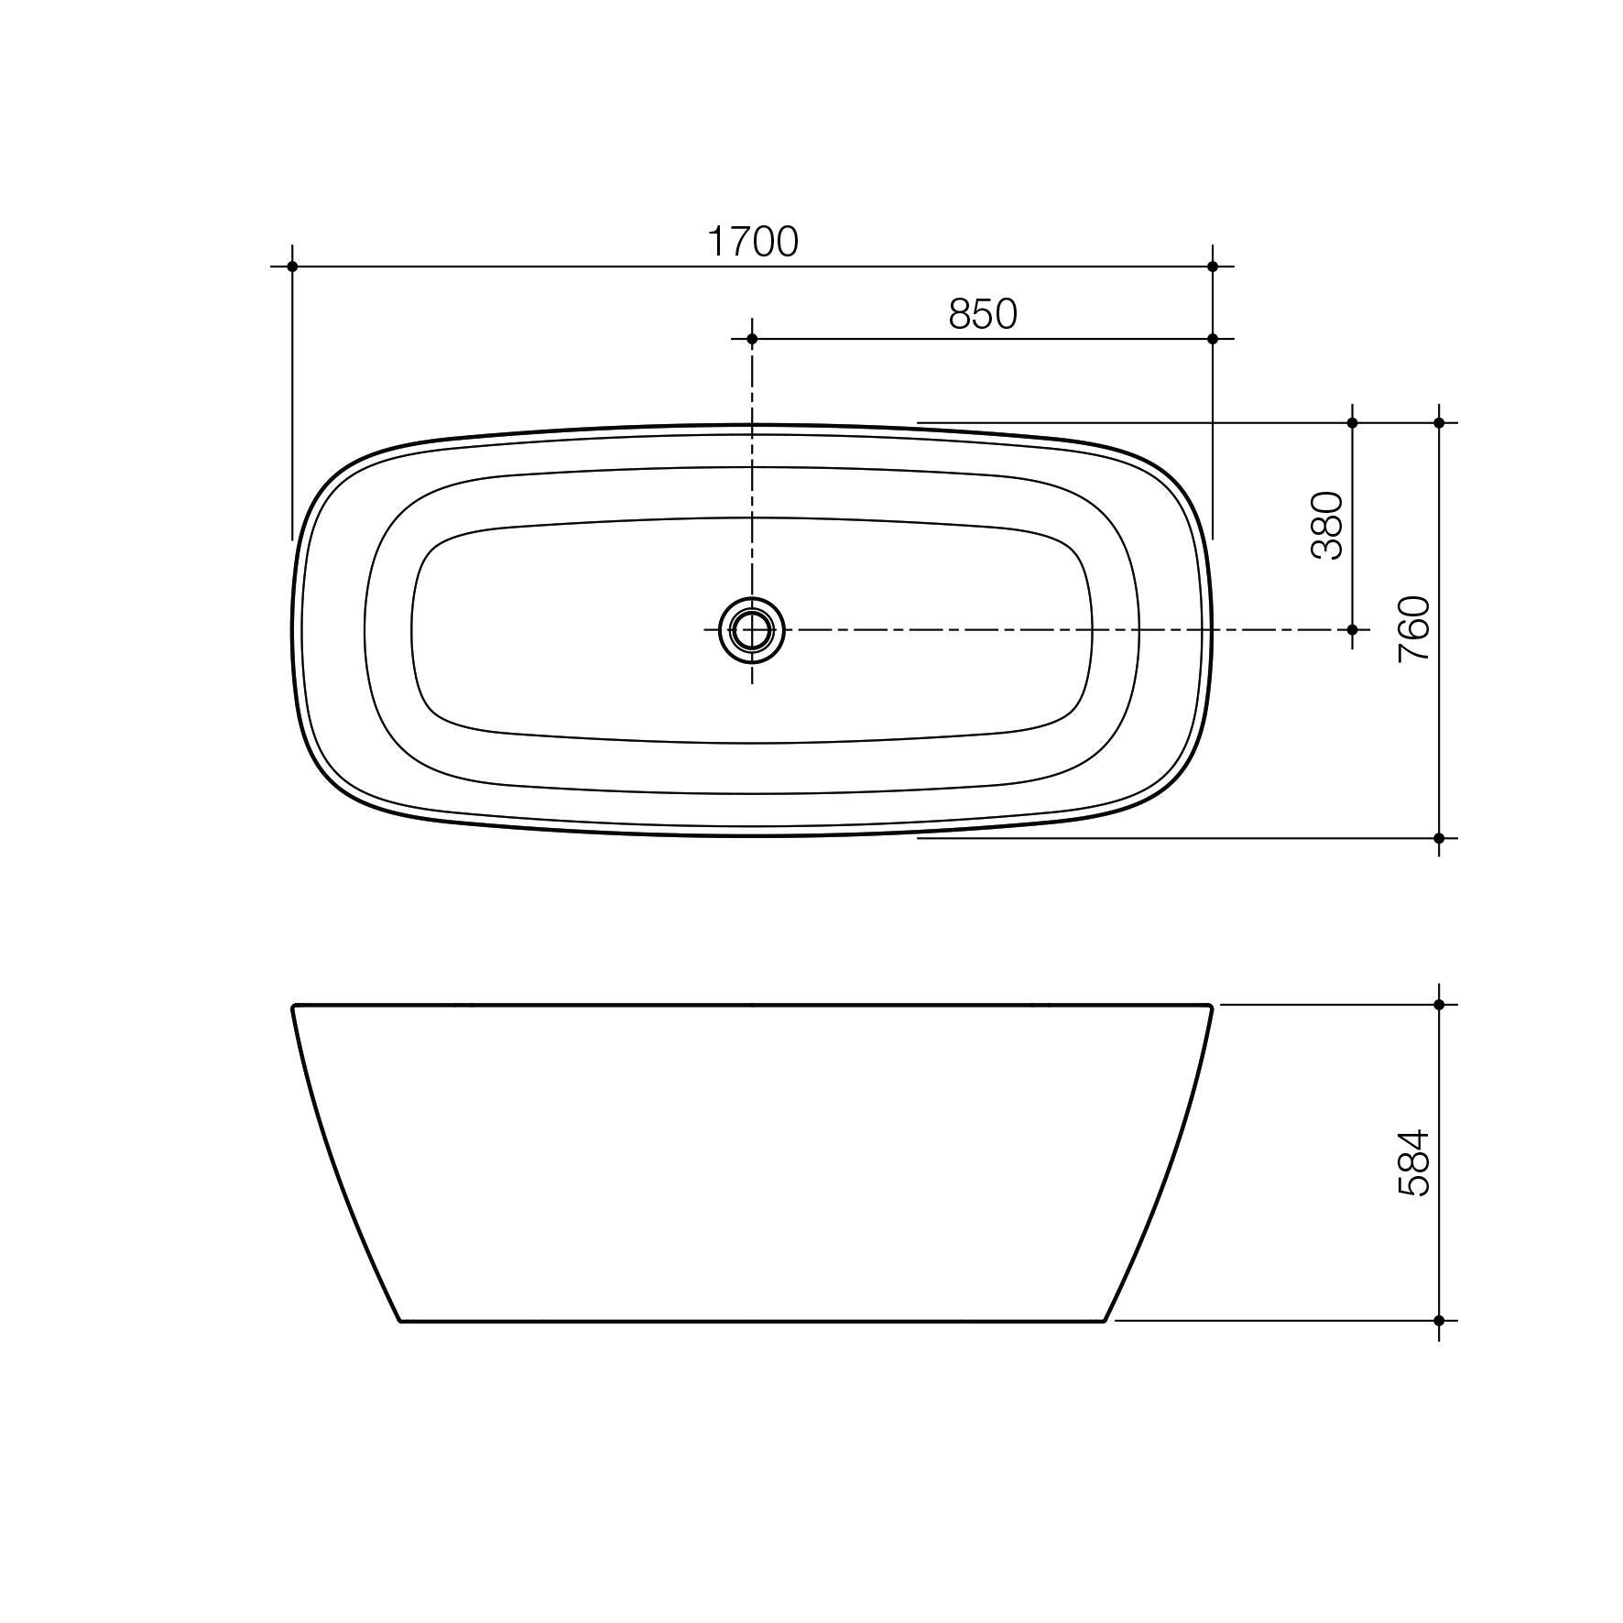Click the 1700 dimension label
click(x=753, y=242)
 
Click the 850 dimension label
click(x=982, y=314)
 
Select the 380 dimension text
click(x=1327, y=526)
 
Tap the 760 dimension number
click(x=1414, y=629)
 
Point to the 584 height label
click(x=1414, y=1162)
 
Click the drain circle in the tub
click(x=752, y=630)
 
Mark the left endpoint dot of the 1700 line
click(x=292, y=267)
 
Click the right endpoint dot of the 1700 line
click(x=1213, y=267)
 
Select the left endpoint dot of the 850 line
click(x=752, y=339)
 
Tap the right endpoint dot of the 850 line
click(x=1213, y=339)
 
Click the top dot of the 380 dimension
click(x=1352, y=423)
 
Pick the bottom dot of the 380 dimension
click(x=1352, y=630)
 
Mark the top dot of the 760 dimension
click(x=1439, y=423)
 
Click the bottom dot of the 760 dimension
click(x=1439, y=838)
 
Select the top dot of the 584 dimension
click(x=1439, y=1005)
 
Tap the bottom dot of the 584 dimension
click(x=1439, y=1321)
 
